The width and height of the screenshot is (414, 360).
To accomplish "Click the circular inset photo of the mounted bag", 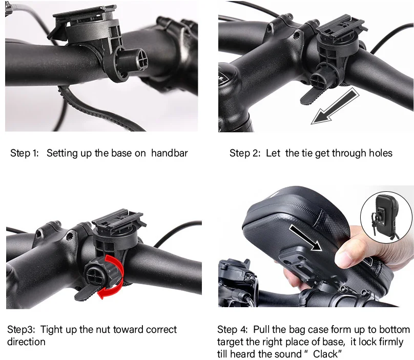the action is [386, 217].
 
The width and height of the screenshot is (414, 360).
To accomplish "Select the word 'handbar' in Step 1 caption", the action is [169, 153].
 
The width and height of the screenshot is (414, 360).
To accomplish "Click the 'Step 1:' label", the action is [24, 153].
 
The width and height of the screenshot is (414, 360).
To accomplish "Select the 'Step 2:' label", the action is [245, 153].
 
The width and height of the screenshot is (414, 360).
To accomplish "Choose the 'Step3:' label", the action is [21, 330].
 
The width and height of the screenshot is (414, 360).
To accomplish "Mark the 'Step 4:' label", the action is [232, 330].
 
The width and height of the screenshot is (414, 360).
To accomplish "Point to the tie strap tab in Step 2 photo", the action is [314, 97].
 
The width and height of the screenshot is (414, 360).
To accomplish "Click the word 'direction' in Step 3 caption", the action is [26, 342].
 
